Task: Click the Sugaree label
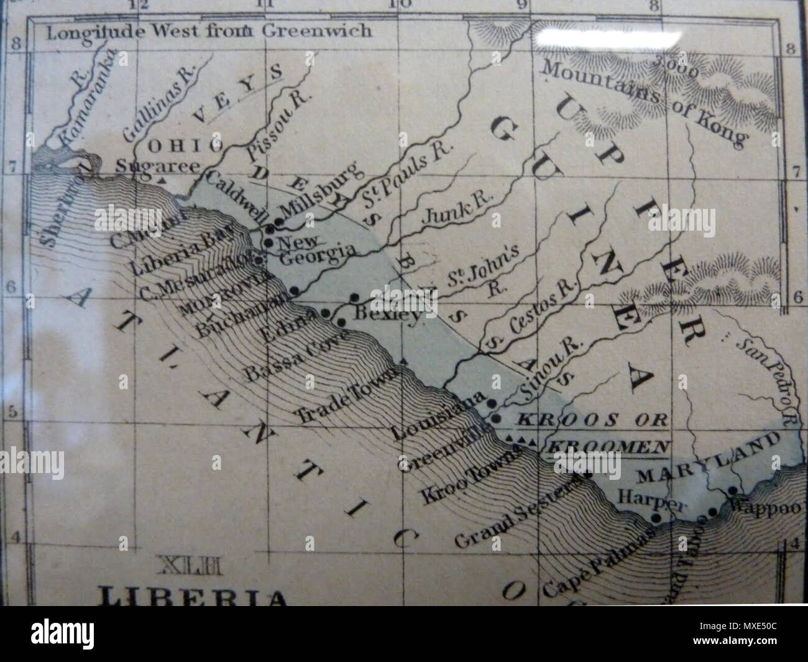(x=158, y=167)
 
